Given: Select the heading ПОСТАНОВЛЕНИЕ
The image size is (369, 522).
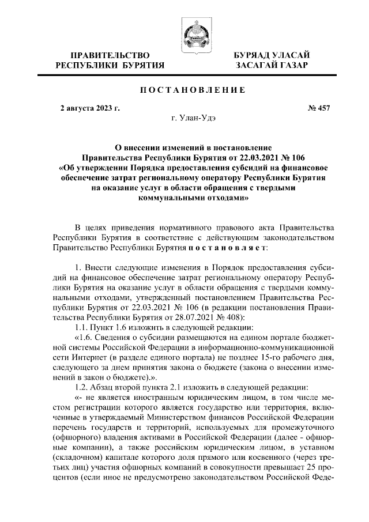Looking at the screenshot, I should [x=184, y=89].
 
